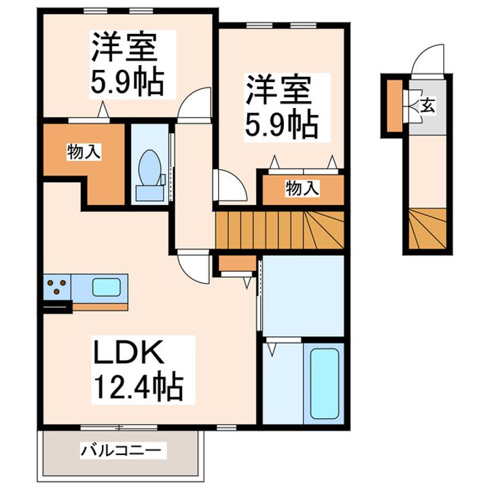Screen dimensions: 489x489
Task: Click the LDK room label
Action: click(126, 353)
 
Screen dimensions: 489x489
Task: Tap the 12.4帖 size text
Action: click(137, 388)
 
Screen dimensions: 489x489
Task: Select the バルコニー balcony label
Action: click(122, 450)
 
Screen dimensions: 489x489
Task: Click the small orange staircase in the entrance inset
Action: click(428, 231)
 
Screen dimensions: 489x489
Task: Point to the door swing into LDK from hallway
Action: click(193, 267)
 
